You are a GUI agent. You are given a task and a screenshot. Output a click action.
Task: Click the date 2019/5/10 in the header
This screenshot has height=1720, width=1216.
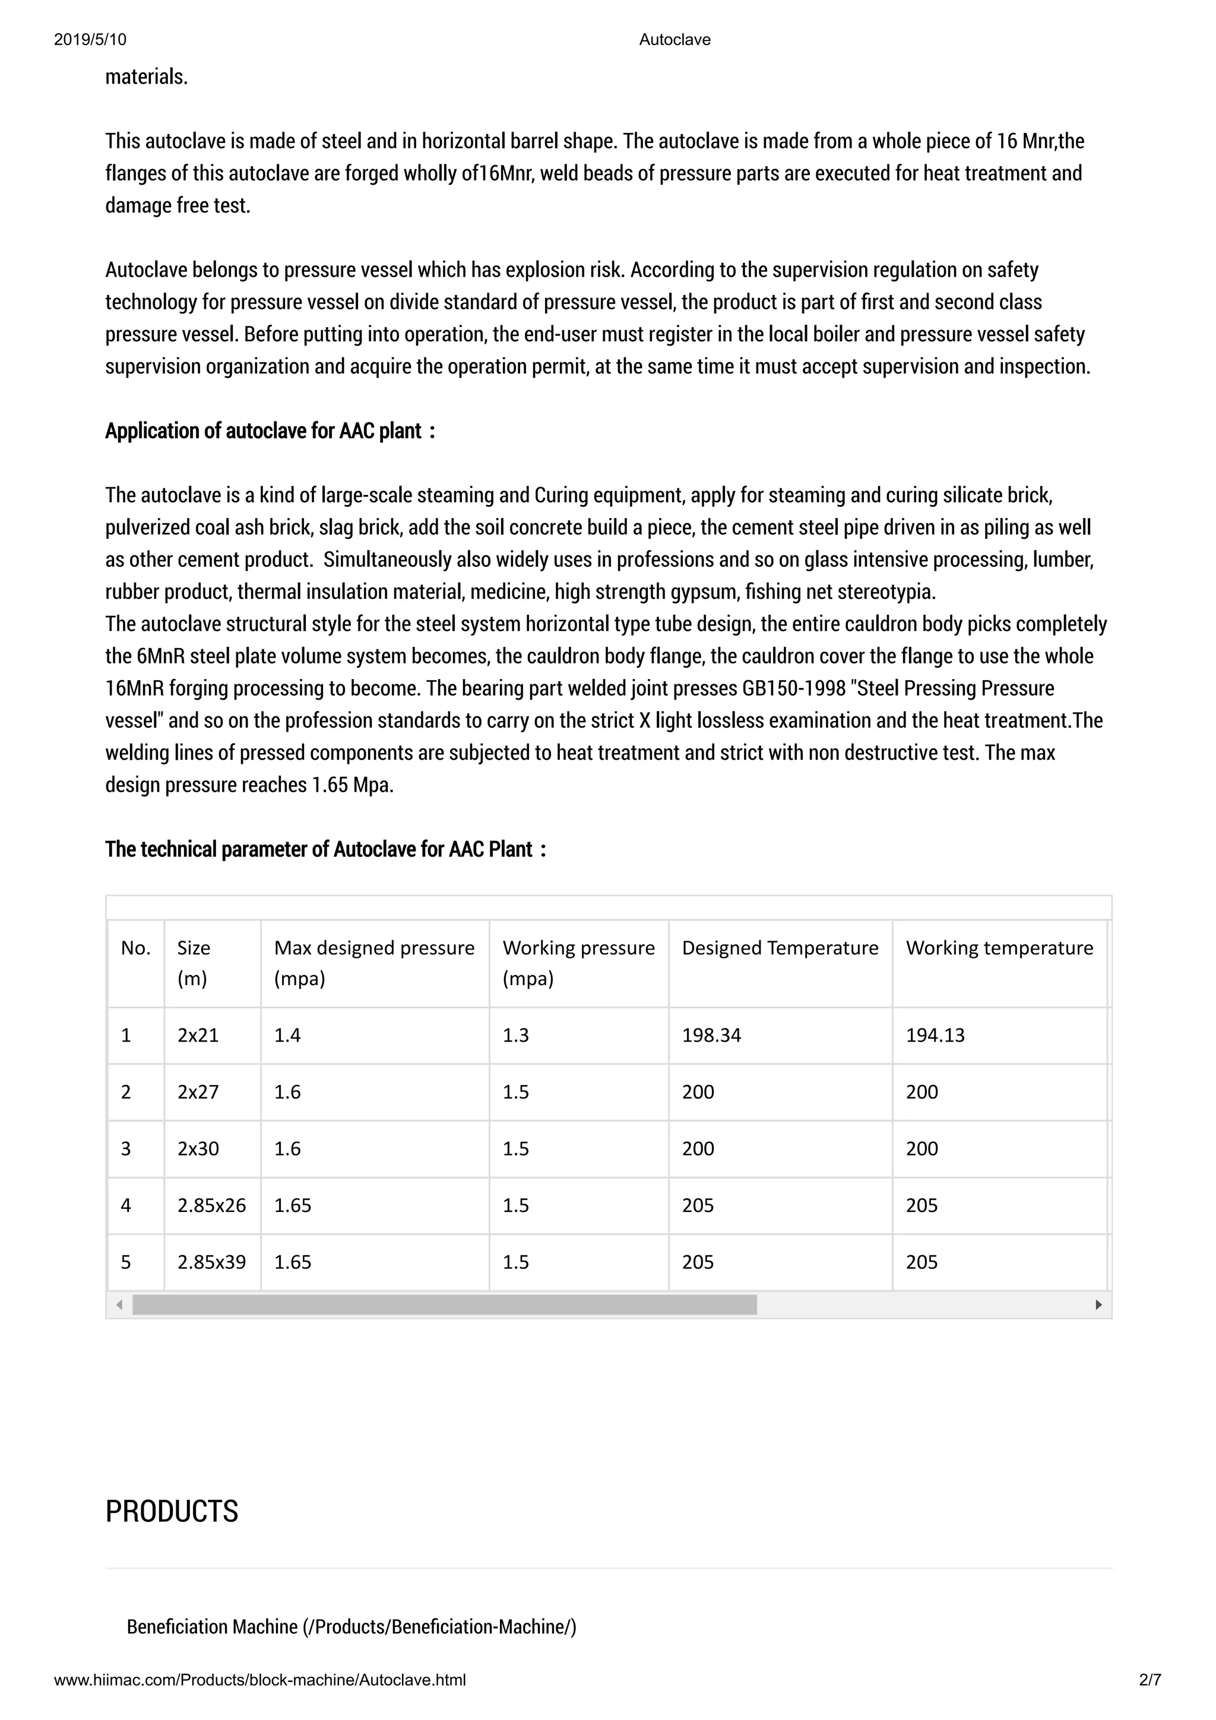[x=90, y=40]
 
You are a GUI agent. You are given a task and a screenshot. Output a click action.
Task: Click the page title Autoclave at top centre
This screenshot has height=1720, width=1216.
[x=674, y=40]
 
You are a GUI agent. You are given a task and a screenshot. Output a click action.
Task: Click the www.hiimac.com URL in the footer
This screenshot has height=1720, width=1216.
[x=260, y=1680]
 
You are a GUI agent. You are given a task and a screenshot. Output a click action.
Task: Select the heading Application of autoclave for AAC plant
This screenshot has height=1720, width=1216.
[x=270, y=431]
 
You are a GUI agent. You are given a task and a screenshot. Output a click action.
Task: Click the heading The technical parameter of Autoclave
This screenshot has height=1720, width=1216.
[x=325, y=849]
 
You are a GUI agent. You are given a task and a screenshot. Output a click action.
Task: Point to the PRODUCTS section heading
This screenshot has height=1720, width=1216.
[x=172, y=1511]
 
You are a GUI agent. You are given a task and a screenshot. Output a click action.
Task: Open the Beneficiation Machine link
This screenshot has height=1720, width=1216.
[x=351, y=1626]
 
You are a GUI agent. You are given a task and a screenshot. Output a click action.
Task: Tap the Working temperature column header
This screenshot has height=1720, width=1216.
[x=999, y=948]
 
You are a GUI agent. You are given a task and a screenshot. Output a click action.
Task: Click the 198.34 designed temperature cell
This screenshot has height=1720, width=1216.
[x=711, y=1035]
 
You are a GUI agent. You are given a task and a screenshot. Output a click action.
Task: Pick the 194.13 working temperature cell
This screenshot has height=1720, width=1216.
[x=935, y=1035]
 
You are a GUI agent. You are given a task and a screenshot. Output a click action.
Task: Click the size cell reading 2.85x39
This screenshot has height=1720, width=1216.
[x=211, y=1262]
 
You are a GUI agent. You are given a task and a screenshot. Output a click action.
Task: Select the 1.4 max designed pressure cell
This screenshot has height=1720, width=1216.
[x=287, y=1035]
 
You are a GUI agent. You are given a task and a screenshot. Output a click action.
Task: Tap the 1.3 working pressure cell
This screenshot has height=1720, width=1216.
[x=515, y=1035]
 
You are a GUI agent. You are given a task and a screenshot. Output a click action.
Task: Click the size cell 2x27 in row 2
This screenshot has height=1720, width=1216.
[x=198, y=1092]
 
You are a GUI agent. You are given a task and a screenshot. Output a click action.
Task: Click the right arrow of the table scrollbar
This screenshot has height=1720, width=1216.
[x=1098, y=1305]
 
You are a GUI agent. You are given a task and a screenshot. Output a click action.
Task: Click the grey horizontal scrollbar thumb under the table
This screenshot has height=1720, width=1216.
[x=444, y=1305]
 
